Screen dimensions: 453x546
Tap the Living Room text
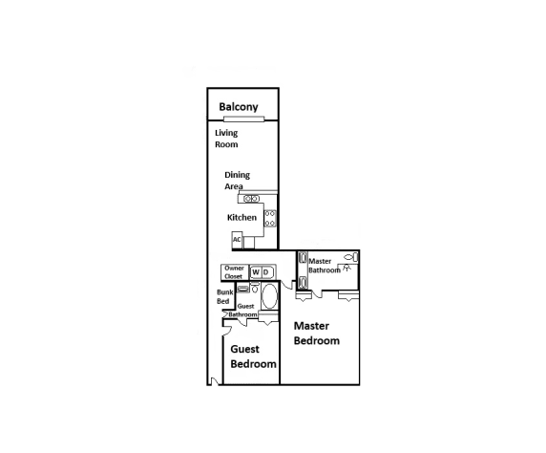pyautogui.click(x=226, y=139)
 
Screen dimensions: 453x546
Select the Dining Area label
pyautogui.click(x=236, y=181)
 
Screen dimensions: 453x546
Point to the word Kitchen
pyautogui.click(x=241, y=218)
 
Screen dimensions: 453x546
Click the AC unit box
pyautogui.click(x=237, y=240)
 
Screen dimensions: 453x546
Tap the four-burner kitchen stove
pyautogui.click(x=270, y=218)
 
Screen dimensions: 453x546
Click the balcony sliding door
pyautogui.click(x=243, y=119)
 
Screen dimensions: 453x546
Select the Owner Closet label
pyautogui.click(x=234, y=272)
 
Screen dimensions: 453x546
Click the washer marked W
pyautogui.click(x=256, y=272)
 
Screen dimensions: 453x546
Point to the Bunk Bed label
pyautogui.click(x=224, y=297)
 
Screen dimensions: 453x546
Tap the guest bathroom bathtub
pyautogui.click(x=269, y=296)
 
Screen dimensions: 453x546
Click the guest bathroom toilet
pyautogui.click(x=255, y=289)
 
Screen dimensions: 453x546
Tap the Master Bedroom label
pyautogui.click(x=316, y=334)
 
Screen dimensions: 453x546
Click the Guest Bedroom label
pyautogui.click(x=253, y=356)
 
